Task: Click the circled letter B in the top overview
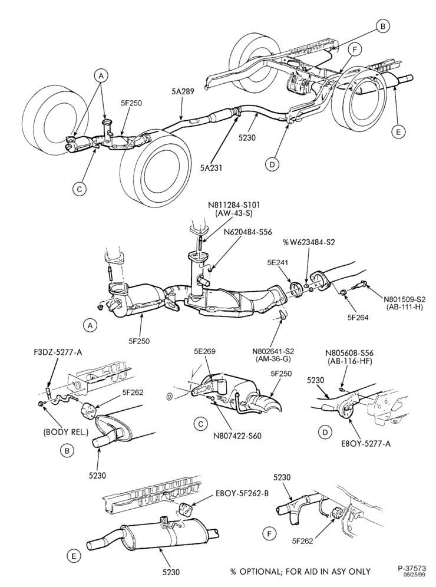tap(382, 26)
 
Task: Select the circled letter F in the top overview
tap(355, 50)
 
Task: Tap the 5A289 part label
tap(183, 91)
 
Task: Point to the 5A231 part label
tap(211, 169)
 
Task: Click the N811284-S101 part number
tap(234, 205)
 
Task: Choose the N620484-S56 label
tap(247, 232)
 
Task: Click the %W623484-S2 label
tap(309, 242)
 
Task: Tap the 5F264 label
tap(358, 318)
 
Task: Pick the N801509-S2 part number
tap(405, 299)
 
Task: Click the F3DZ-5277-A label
tap(57, 352)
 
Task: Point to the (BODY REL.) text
tap(65, 432)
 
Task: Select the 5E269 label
tap(204, 351)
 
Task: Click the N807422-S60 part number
tap(237, 436)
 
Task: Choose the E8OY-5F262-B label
tap(242, 493)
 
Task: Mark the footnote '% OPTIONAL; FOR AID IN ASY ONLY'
tap(300, 571)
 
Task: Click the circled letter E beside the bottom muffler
tap(74, 556)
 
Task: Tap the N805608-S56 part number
tap(349, 352)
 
